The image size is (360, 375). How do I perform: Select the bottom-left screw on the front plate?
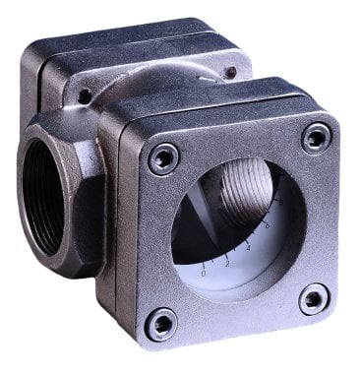pyautogui.click(x=160, y=322)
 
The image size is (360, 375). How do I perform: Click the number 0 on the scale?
pyautogui.click(x=204, y=273)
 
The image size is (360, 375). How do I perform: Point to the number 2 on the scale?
pyautogui.click(x=227, y=263)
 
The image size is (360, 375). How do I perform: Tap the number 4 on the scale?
pyautogui.click(x=248, y=247)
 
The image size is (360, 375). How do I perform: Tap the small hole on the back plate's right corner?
pyautogui.click(x=229, y=73)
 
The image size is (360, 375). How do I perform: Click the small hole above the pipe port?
pyautogui.click(x=86, y=95)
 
